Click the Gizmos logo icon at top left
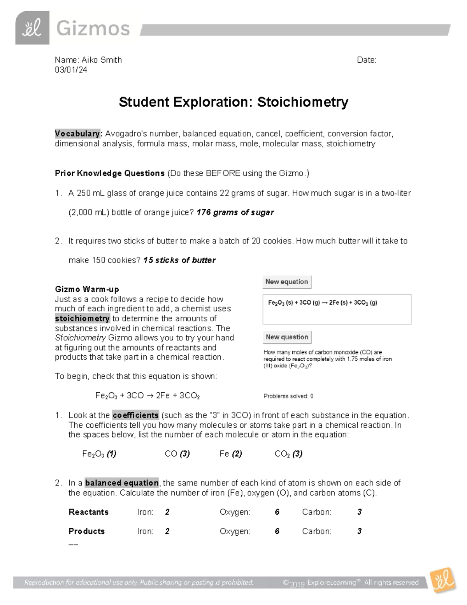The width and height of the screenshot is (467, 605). click(32, 28)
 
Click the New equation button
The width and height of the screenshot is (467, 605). click(287, 282)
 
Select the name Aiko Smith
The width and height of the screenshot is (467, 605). click(102, 60)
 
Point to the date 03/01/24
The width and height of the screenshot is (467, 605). click(71, 70)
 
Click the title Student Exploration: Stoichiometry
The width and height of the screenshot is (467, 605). click(233, 102)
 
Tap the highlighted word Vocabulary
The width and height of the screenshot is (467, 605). click(78, 134)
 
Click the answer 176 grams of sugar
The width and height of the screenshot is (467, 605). click(235, 212)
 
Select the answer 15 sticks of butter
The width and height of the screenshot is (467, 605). click(179, 260)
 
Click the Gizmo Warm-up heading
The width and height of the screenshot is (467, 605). click(87, 289)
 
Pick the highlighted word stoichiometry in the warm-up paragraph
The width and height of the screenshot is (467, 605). click(82, 319)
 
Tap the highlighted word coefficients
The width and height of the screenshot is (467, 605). click(135, 415)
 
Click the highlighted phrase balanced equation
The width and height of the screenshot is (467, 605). click(121, 483)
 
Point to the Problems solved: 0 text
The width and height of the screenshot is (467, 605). click(288, 396)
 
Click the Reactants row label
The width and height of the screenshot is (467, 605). click(88, 512)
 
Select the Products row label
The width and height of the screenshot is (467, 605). click(86, 531)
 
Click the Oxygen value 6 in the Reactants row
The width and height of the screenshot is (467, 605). click(277, 512)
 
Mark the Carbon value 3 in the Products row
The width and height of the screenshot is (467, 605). click(359, 531)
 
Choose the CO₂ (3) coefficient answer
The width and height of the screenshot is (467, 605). click(288, 454)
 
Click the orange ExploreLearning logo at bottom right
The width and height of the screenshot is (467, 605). click(442, 581)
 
